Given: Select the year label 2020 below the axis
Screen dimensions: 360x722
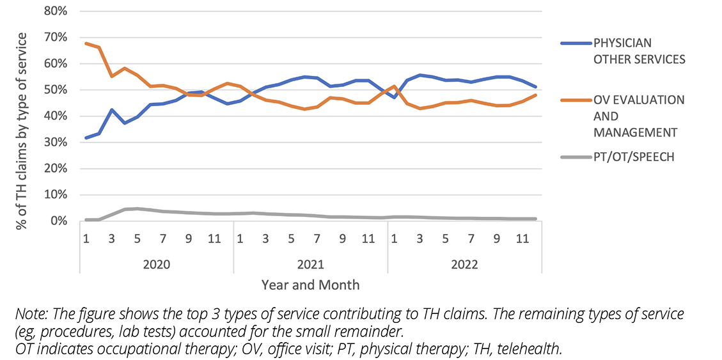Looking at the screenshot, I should [156, 264].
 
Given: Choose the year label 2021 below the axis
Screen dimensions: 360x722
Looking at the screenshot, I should [310, 264].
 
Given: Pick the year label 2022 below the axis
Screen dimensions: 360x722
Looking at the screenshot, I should [464, 264].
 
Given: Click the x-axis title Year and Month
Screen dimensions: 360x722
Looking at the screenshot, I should [310, 285].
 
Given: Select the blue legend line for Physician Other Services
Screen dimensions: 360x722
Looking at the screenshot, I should [575, 43].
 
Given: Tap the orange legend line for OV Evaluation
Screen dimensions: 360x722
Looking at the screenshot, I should [575, 100].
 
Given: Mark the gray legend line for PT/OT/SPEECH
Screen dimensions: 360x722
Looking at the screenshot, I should [575, 157].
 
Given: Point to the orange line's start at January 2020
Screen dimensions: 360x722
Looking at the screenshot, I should [86, 43].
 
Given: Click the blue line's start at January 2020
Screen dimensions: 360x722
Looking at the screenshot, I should [86, 137].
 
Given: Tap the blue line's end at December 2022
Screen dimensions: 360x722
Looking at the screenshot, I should [535, 87].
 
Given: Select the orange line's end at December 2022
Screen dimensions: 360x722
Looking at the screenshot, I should [535, 95].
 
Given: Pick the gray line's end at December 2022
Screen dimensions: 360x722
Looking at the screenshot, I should [535, 219].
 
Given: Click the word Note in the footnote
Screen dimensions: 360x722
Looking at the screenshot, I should [28, 315].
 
